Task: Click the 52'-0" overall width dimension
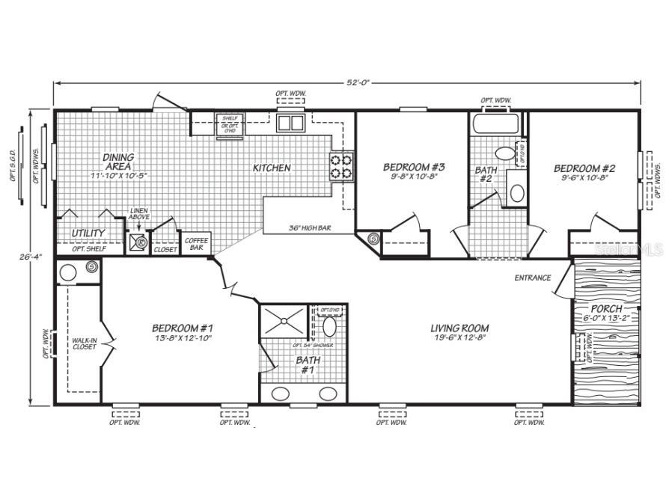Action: (x=346, y=82)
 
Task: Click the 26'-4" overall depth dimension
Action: (x=29, y=257)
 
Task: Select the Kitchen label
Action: (x=271, y=168)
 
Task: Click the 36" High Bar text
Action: (x=309, y=227)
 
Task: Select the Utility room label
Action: (x=88, y=233)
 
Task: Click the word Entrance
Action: (x=533, y=278)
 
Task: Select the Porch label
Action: (x=606, y=308)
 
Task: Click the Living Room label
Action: (x=459, y=328)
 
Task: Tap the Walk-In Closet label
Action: (x=84, y=343)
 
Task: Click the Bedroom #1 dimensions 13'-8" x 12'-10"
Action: (x=183, y=338)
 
